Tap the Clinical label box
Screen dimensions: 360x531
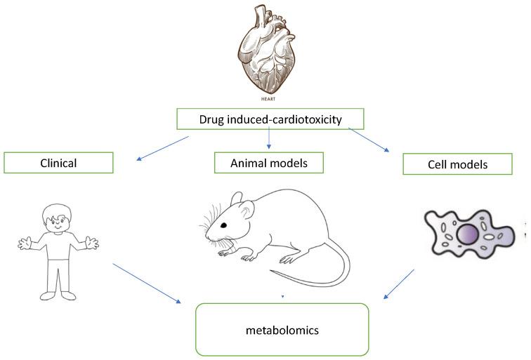(x=58, y=163)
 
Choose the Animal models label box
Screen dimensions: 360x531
(x=270, y=163)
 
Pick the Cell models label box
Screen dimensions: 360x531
(x=457, y=164)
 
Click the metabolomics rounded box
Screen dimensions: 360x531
(x=282, y=328)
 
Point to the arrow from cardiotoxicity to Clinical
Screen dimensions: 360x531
(x=163, y=149)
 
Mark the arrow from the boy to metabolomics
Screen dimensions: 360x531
(x=147, y=284)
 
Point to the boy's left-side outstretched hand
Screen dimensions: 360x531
(x=25, y=245)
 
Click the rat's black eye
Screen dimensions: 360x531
(x=224, y=225)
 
